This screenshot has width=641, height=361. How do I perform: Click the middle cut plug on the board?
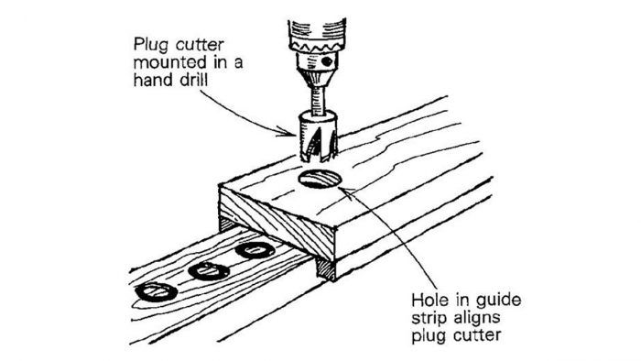pyautogui.click(x=207, y=271)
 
